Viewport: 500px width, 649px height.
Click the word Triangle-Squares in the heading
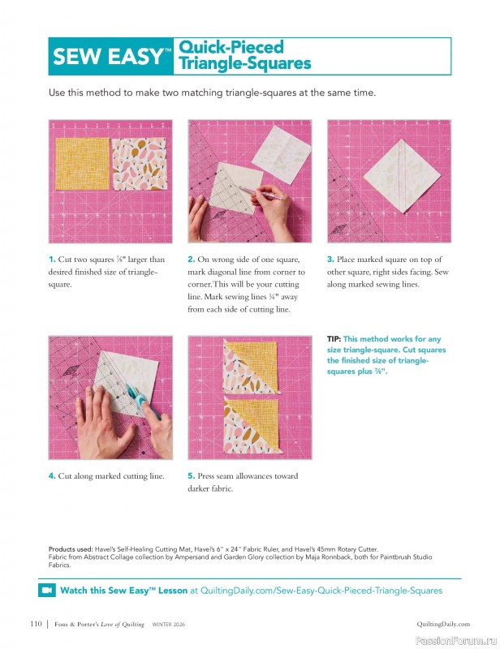(244, 63)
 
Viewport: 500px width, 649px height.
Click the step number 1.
(52, 260)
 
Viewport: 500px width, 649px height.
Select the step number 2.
(191, 260)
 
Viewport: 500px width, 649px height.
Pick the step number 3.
(330, 260)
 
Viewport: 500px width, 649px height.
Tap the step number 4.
(52, 476)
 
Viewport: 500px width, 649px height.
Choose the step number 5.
(191, 476)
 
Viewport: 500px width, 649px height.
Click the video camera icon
(47, 590)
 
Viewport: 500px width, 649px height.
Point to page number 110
(35, 624)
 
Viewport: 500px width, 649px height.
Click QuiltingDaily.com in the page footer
(443, 624)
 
